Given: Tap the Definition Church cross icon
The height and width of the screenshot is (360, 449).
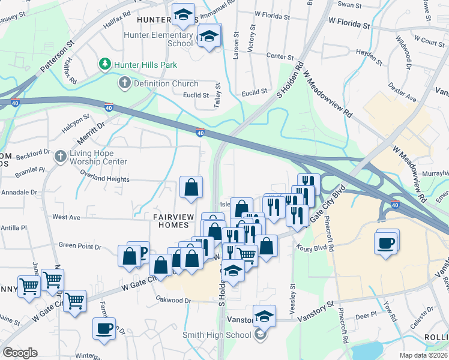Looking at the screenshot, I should coord(125,83).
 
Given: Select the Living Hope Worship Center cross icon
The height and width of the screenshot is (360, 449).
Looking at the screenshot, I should coord(59,157).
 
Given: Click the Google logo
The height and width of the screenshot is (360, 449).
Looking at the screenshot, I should coord(20,353).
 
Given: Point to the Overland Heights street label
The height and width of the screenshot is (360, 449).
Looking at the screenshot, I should coord(106,179).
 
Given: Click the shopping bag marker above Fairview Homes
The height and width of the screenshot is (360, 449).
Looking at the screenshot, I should coord(191,188).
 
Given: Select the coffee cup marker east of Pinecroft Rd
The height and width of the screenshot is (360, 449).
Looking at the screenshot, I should coord(387,242).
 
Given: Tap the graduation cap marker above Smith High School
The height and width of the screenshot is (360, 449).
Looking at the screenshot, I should coord(264,316).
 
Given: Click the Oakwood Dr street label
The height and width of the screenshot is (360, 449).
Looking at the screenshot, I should coord(173,300).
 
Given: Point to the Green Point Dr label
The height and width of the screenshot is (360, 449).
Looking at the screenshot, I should coord(80,245).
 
